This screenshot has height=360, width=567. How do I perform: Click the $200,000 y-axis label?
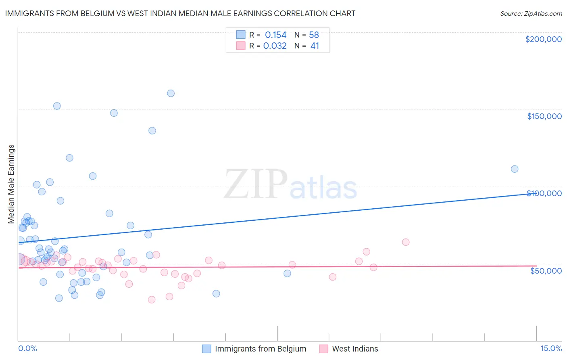[x=543, y=39]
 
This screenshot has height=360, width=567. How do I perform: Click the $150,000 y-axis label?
[x=544, y=116]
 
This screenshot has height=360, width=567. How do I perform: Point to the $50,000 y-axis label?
[x=546, y=270]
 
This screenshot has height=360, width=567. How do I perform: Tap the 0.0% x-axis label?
[x=27, y=348]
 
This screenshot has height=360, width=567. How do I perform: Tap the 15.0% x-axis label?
[x=551, y=348]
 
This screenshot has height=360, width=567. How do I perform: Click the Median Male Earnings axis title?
[x=11, y=184]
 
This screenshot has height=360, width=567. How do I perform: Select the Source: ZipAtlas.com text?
[x=531, y=13]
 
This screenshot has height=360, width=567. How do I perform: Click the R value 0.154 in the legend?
[x=275, y=35]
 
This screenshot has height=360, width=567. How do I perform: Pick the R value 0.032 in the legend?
[x=275, y=46]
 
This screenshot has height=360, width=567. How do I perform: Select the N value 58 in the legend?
[x=314, y=35]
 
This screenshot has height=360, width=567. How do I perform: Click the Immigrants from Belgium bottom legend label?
[x=260, y=349]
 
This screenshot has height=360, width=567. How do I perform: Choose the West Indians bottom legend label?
[x=355, y=349]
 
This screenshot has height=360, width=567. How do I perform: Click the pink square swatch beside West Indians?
[x=323, y=349]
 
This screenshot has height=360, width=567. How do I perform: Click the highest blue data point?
[x=171, y=93]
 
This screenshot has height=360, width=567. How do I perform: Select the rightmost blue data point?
[x=515, y=169]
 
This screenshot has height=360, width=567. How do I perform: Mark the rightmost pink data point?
[x=406, y=242]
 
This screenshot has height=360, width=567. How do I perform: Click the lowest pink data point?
[x=152, y=299]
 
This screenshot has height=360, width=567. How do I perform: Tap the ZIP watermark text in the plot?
[x=256, y=184]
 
